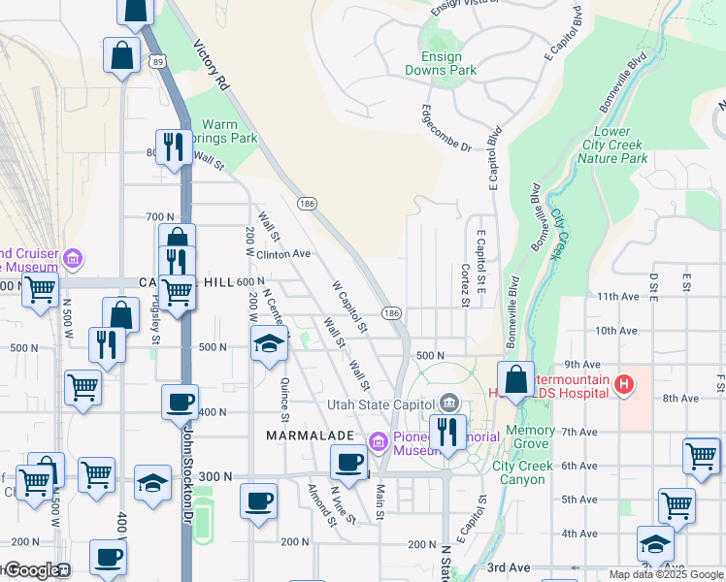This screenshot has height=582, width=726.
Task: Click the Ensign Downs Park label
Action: pos(441,64)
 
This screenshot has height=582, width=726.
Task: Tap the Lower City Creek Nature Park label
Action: pos(613,145)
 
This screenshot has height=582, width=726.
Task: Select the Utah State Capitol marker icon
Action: pos(449,402)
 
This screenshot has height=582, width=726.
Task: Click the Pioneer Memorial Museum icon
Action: pos(379,442)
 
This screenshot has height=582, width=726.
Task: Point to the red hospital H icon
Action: pos(625,385)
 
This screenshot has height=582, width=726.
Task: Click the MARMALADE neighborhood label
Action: pos(308,436)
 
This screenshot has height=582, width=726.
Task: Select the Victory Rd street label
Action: pos(211,66)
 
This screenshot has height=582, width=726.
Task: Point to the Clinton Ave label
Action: pos(282,254)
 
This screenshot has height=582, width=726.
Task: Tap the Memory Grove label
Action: pos(531,436)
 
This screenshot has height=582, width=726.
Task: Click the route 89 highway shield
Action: pos(157,61)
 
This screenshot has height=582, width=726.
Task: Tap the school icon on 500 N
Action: pos(269,343)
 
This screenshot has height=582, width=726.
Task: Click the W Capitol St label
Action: pos(349,307)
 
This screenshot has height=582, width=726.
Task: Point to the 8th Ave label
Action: pos(681,398)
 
